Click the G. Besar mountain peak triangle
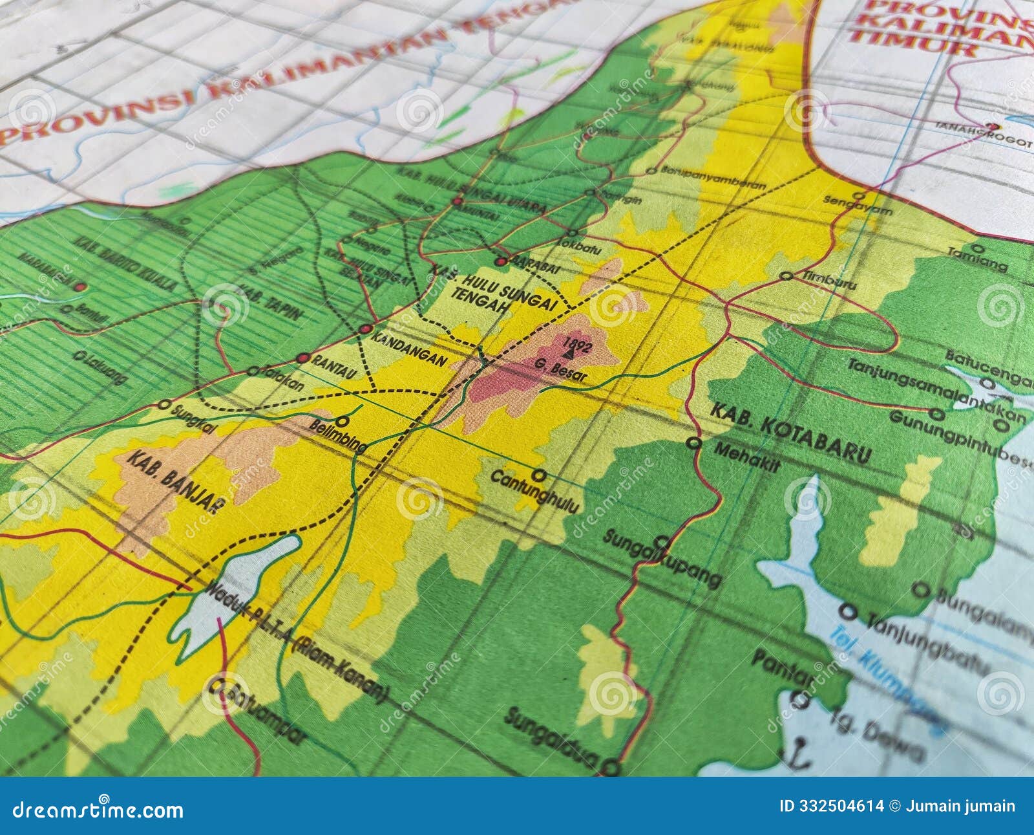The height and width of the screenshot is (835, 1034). pyautogui.click(x=569, y=354)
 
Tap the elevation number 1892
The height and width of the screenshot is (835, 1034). pyautogui.click(x=577, y=344)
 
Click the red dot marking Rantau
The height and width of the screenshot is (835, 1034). pyautogui.click(x=302, y=358)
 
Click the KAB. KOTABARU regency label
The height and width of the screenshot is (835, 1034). pyautogui.click(x=790, y=433)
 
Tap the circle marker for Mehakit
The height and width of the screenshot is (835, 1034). pyautogui.click(x=694, y=443)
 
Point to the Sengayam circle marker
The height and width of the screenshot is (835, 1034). pyautogui.click(x=859, y=195)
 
